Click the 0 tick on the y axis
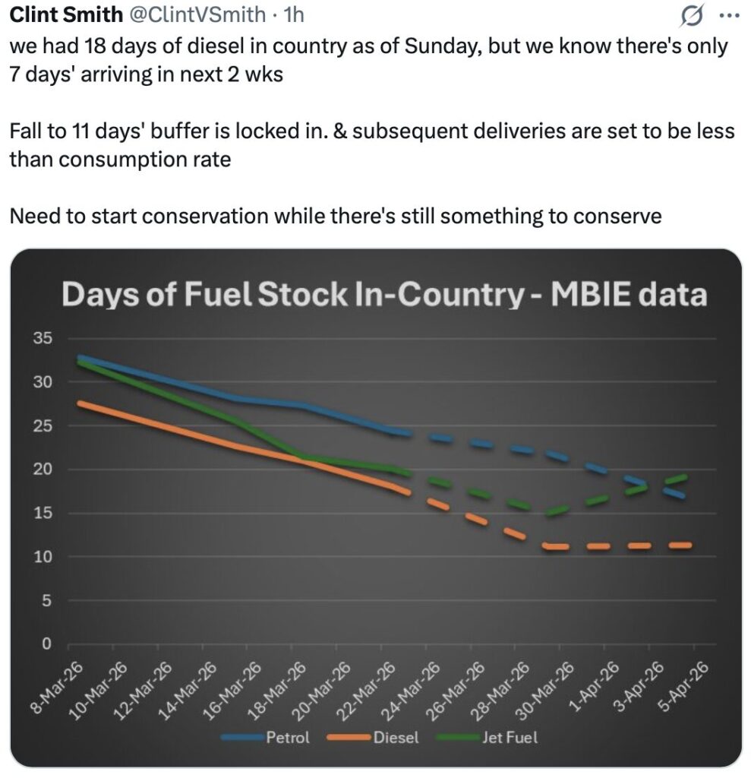click(46, 644)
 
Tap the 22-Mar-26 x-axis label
click(369, 688)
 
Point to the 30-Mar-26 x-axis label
click(548, 688)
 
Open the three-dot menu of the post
click(727, 14)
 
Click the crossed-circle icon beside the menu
click(693, 14)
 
